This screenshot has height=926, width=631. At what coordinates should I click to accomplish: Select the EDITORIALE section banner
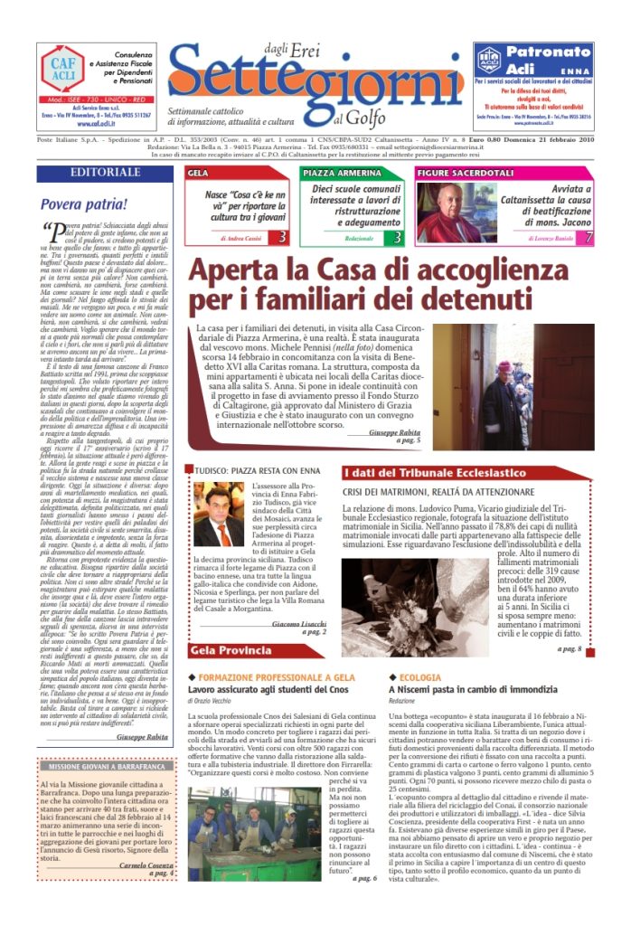(x=105, y=173)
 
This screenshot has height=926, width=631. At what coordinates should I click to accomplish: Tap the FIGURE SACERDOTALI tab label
(x=459, y=173)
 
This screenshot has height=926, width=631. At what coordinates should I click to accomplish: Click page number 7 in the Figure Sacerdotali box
(x=614, y=238)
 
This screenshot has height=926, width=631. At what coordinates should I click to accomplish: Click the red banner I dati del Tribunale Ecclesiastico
(x=447, y=472)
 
